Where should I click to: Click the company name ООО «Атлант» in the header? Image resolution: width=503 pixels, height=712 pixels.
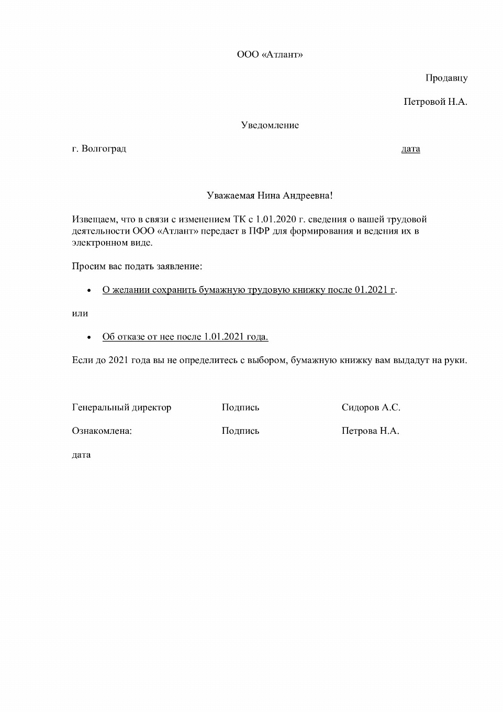(x=270, y=54)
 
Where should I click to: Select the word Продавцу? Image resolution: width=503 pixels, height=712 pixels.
(x=446, y=78)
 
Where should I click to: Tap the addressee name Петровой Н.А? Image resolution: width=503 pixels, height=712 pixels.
(x=435, y=102)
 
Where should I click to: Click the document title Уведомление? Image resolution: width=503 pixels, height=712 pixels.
(x=270, y=125)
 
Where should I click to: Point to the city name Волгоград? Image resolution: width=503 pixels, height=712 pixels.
(x=104, y=149)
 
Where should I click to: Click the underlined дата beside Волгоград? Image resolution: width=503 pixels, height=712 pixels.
(x=410, y=149)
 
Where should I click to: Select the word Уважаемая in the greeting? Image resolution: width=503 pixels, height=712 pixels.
(x=230, y=196)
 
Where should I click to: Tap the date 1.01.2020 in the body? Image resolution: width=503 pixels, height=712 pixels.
(x=276, y=220)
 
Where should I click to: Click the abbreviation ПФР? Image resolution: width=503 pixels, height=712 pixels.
(x=259, y=231)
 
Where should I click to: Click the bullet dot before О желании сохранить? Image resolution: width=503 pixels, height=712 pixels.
(x=89, y=290)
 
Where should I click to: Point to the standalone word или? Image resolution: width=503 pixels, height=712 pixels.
(x=80, y=314)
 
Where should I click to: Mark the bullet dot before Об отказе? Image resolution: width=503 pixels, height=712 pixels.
(x=89, y=337)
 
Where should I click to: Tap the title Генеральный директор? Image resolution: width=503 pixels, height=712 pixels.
(x=121, y=408)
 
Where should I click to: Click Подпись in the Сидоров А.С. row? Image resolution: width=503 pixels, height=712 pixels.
(x=240, y=408)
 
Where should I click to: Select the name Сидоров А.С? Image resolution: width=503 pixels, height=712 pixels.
(x=371, y=408)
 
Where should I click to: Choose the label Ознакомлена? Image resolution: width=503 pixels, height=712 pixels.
(x=102, y=431)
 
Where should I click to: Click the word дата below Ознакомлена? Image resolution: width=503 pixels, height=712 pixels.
(x=81, y=455)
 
